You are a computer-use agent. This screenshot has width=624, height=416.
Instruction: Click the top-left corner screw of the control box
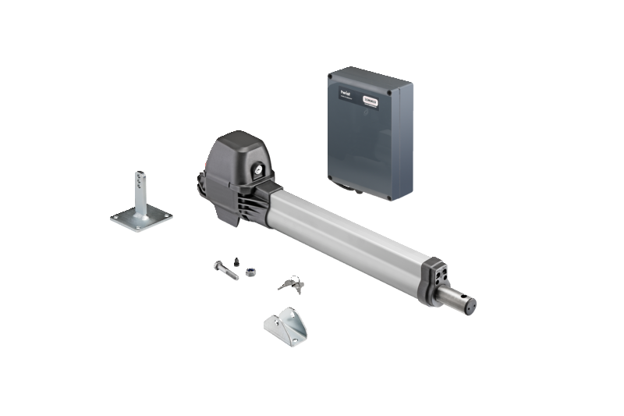[331, 77]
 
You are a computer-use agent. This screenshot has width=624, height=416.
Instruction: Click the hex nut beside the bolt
[251, 272]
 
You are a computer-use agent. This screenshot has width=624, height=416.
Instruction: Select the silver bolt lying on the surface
[225, 270]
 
